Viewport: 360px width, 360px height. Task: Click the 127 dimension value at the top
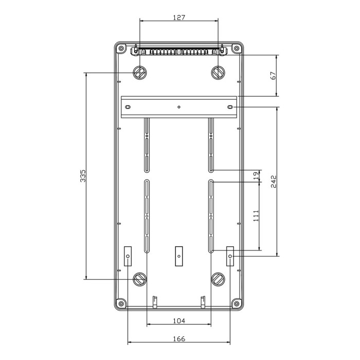point(179,17)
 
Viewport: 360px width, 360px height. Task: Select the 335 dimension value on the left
point(83,176)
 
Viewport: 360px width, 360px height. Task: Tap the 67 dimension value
point(273,76)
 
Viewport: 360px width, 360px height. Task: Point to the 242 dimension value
point(274,182)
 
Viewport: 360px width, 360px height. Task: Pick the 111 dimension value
point(256,216)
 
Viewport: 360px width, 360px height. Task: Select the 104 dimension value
point(179,321)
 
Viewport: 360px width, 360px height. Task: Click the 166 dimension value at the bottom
point(179,338)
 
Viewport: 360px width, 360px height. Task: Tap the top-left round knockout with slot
point(140,73)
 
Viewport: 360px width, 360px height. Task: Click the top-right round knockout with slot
point(218,73)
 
